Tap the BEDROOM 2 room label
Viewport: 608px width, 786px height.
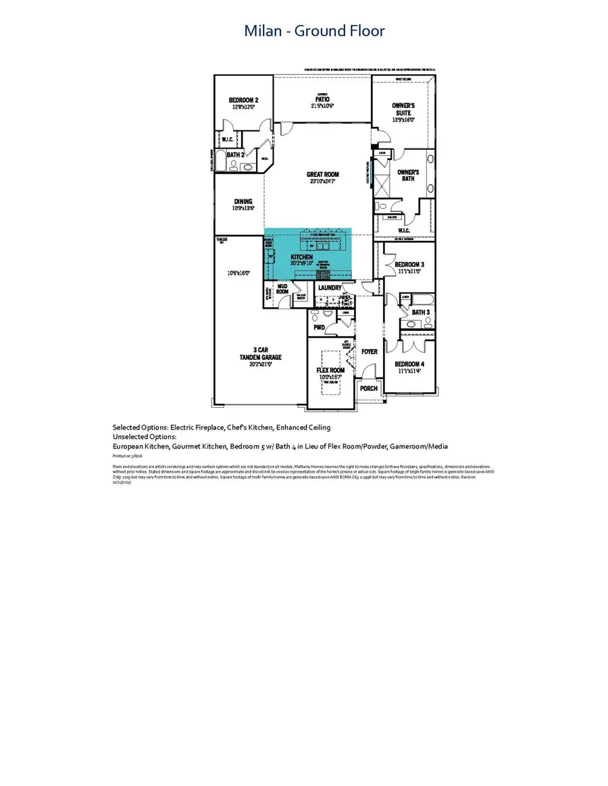pos(244,100)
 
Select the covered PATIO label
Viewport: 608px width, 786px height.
pos(322,99)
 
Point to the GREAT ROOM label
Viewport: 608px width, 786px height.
pos(322,174)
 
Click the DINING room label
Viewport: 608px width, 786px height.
pos(243,201)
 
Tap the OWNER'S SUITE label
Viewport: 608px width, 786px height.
pos(403,110)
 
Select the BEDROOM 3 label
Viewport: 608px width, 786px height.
pos(409,264)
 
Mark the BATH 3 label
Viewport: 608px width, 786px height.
pos(421,312)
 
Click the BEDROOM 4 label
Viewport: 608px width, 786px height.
pos(409,365)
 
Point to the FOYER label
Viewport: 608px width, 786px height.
pos(370,351)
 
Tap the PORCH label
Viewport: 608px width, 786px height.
pos(370,388)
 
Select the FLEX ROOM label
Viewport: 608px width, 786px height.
pos(331,370)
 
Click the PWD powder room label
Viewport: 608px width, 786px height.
pos(320,327)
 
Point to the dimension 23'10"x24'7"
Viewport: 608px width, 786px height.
pos(322,182)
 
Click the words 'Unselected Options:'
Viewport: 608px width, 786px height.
pos(145,437)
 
